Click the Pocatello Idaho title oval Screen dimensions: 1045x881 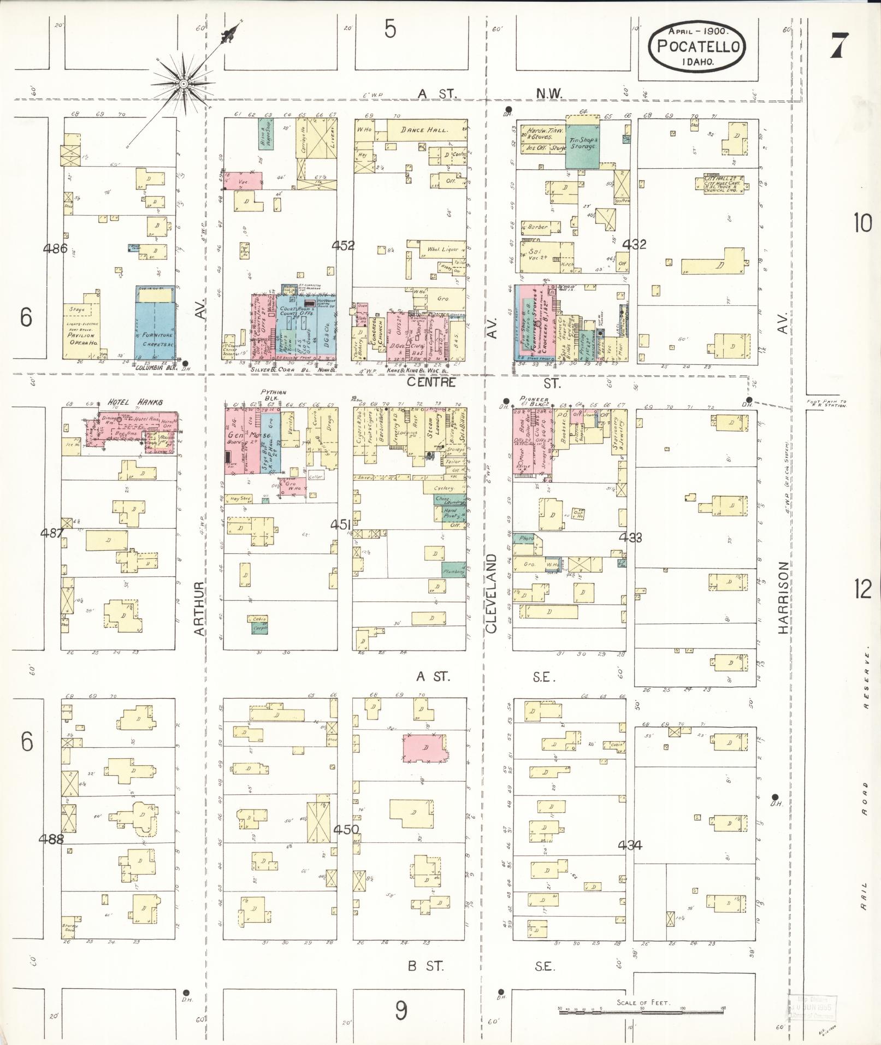point(697,47)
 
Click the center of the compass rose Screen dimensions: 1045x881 point(184,84)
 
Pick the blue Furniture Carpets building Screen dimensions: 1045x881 point(156,322)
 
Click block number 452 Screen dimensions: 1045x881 point(344,245)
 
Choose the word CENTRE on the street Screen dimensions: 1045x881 point(431,382)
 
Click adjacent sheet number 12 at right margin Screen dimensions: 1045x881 point(864,589)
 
